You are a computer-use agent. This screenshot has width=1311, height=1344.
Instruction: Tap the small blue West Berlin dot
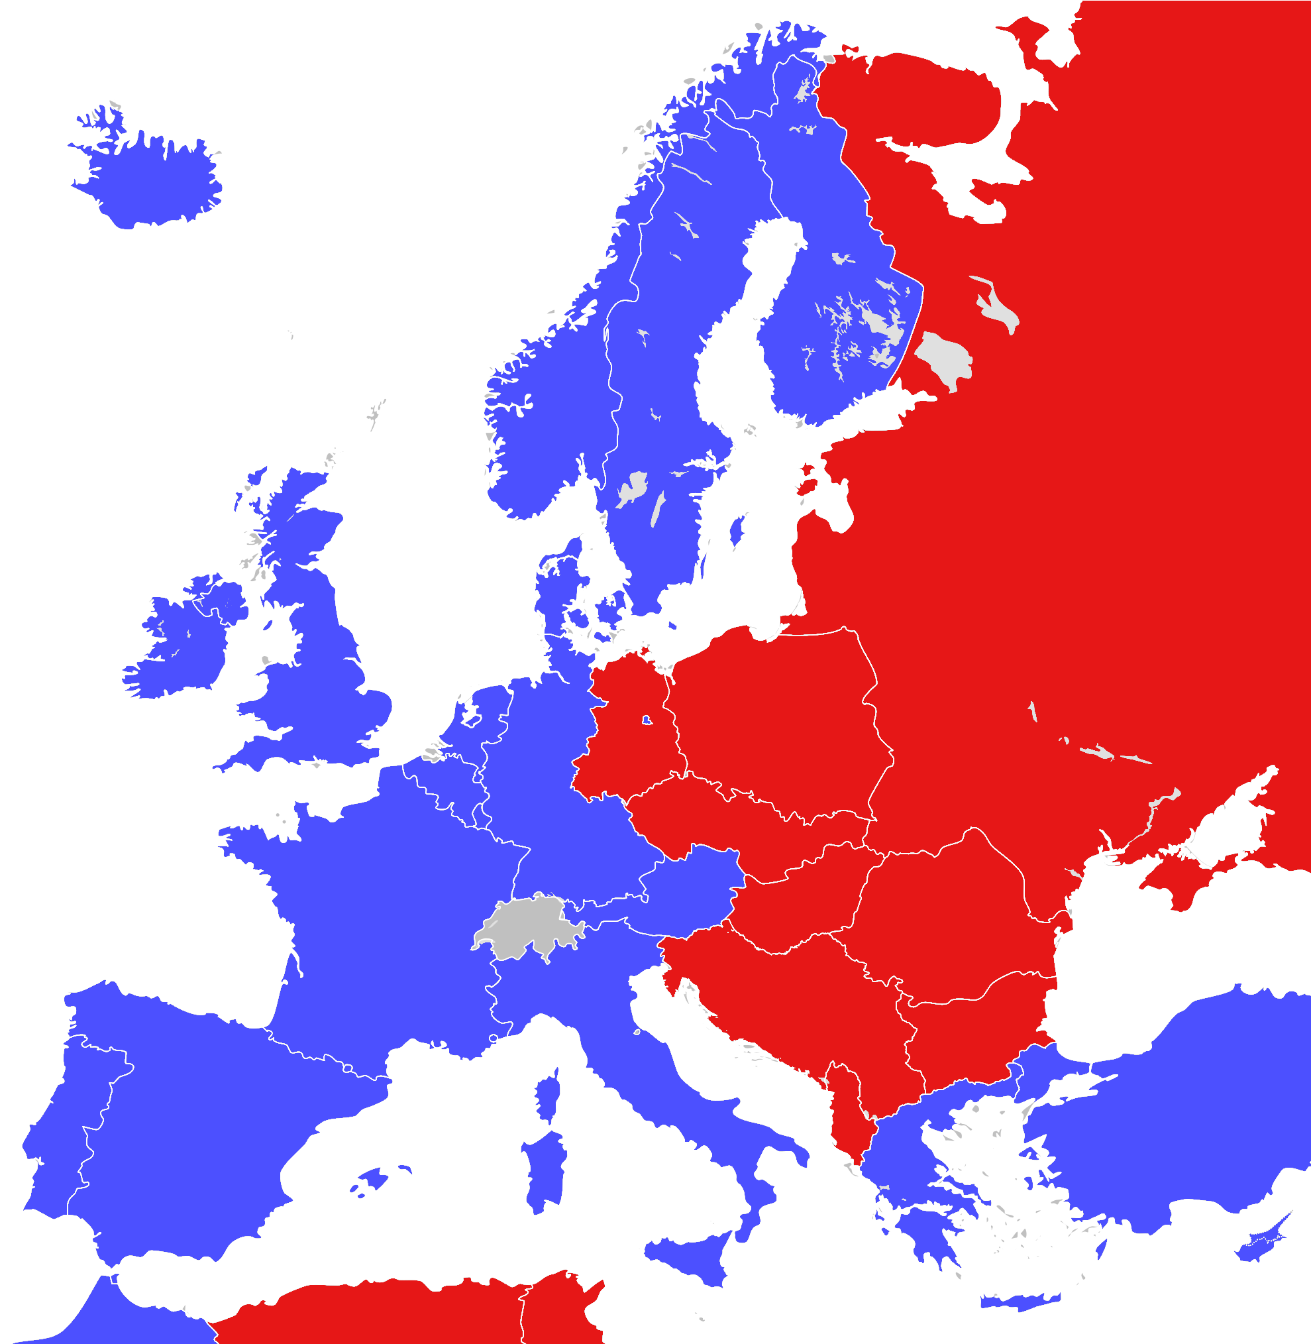tap(647, 720)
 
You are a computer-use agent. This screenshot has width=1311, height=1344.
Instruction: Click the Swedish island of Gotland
tap(737, 531)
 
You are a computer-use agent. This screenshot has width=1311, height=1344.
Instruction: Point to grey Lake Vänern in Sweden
tap(632, 489)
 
